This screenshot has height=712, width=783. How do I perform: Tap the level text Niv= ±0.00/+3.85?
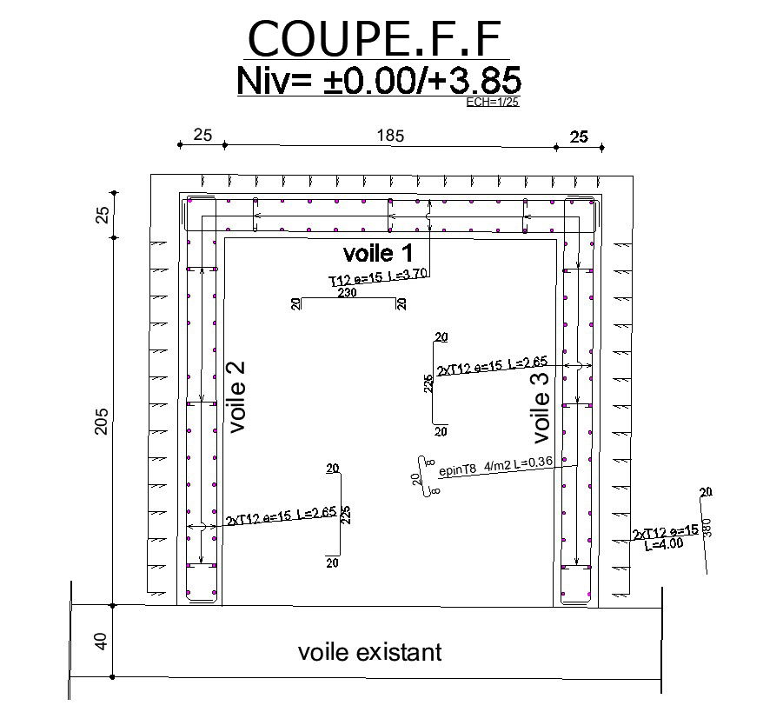379,81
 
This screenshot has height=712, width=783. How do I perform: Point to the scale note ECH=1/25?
493,102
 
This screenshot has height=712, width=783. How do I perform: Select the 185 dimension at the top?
391,136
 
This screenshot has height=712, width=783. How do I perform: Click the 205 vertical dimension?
102,422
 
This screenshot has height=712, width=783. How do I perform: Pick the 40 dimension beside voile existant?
101,642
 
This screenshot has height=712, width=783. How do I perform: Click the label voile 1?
379,254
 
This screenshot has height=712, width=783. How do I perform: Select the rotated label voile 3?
540,403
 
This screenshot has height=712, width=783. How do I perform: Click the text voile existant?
369,652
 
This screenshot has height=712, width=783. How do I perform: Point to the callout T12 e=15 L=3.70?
379,277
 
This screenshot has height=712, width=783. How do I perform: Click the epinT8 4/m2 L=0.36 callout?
496,468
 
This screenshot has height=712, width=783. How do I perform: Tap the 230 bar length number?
347,294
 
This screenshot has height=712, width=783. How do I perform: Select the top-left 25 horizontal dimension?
202,136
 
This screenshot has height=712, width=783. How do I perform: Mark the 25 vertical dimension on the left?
102,215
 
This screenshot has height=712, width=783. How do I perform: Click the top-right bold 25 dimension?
579,136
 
